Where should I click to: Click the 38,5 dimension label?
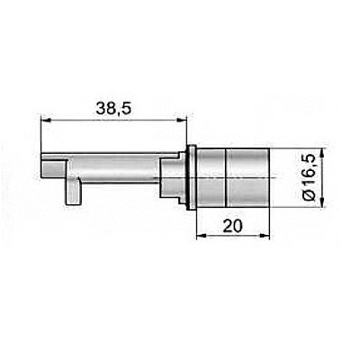coord(113,108)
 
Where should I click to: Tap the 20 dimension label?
coord(232,226)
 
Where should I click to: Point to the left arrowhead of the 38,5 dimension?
coord(45,121)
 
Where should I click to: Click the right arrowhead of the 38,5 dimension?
coord(182,121)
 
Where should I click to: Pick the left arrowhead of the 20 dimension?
coord(201,236)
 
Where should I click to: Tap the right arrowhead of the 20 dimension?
coord(265,236)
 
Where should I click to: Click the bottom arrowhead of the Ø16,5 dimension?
coord(322,202)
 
